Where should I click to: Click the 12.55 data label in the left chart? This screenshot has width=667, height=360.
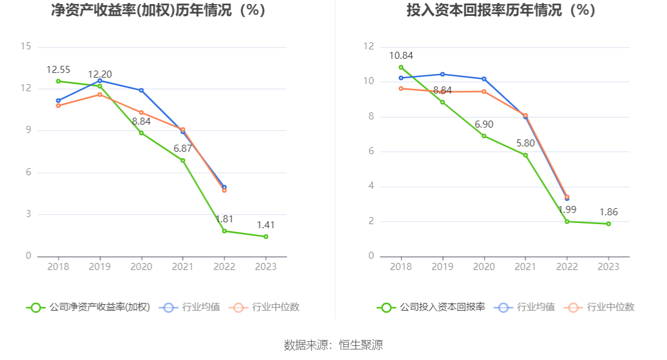[x=58, y=70]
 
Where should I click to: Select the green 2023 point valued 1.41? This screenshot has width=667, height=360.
[x=266, y=236]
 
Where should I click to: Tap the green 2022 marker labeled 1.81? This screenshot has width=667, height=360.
[x=224, y=231]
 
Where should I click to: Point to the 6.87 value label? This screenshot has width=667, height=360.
[x=182, y=149]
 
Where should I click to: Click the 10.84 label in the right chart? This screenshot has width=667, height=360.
[x=401, y=56]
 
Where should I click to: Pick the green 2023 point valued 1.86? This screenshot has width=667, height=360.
[x=608, y=224]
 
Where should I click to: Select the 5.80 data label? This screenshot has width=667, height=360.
[x=525, y=143]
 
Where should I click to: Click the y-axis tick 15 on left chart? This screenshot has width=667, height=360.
[x=25, y=46]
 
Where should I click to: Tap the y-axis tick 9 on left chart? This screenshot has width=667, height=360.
[x=28, y=131]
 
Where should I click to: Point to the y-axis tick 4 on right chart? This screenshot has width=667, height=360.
[x=371, y=186]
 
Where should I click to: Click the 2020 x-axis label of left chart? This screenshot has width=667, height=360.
[x=141, y=266]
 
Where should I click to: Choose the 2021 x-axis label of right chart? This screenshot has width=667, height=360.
[x=525, y=266]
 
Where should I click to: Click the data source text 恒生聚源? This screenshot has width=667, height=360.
[x=361, y=345]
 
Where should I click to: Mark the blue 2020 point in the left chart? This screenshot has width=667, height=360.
[x=141, y=90]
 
